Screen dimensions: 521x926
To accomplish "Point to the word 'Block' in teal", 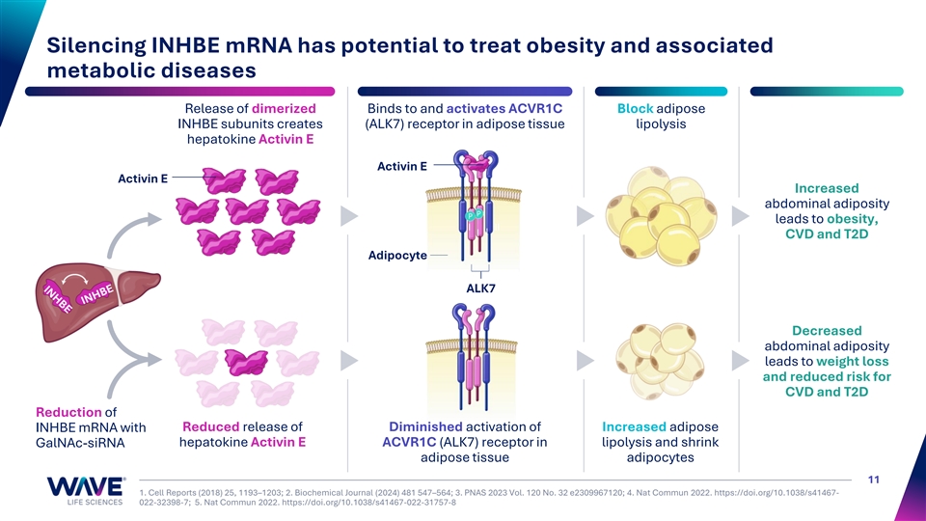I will [x=635, y=107].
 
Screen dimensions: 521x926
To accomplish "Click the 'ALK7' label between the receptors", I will [x=479, y=288].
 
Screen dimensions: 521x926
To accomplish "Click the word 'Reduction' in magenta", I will [x=68, y=412].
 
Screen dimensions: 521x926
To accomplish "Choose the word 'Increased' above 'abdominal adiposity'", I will [x=826, y=187].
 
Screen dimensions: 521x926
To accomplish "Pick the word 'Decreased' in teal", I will [x=826, y=330].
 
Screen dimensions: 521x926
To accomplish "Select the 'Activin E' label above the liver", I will [x=143, y=178].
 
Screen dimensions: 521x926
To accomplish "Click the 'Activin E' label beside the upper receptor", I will [x=402, y=166].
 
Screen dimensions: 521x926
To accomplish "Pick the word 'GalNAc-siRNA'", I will [x=78, y=444].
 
